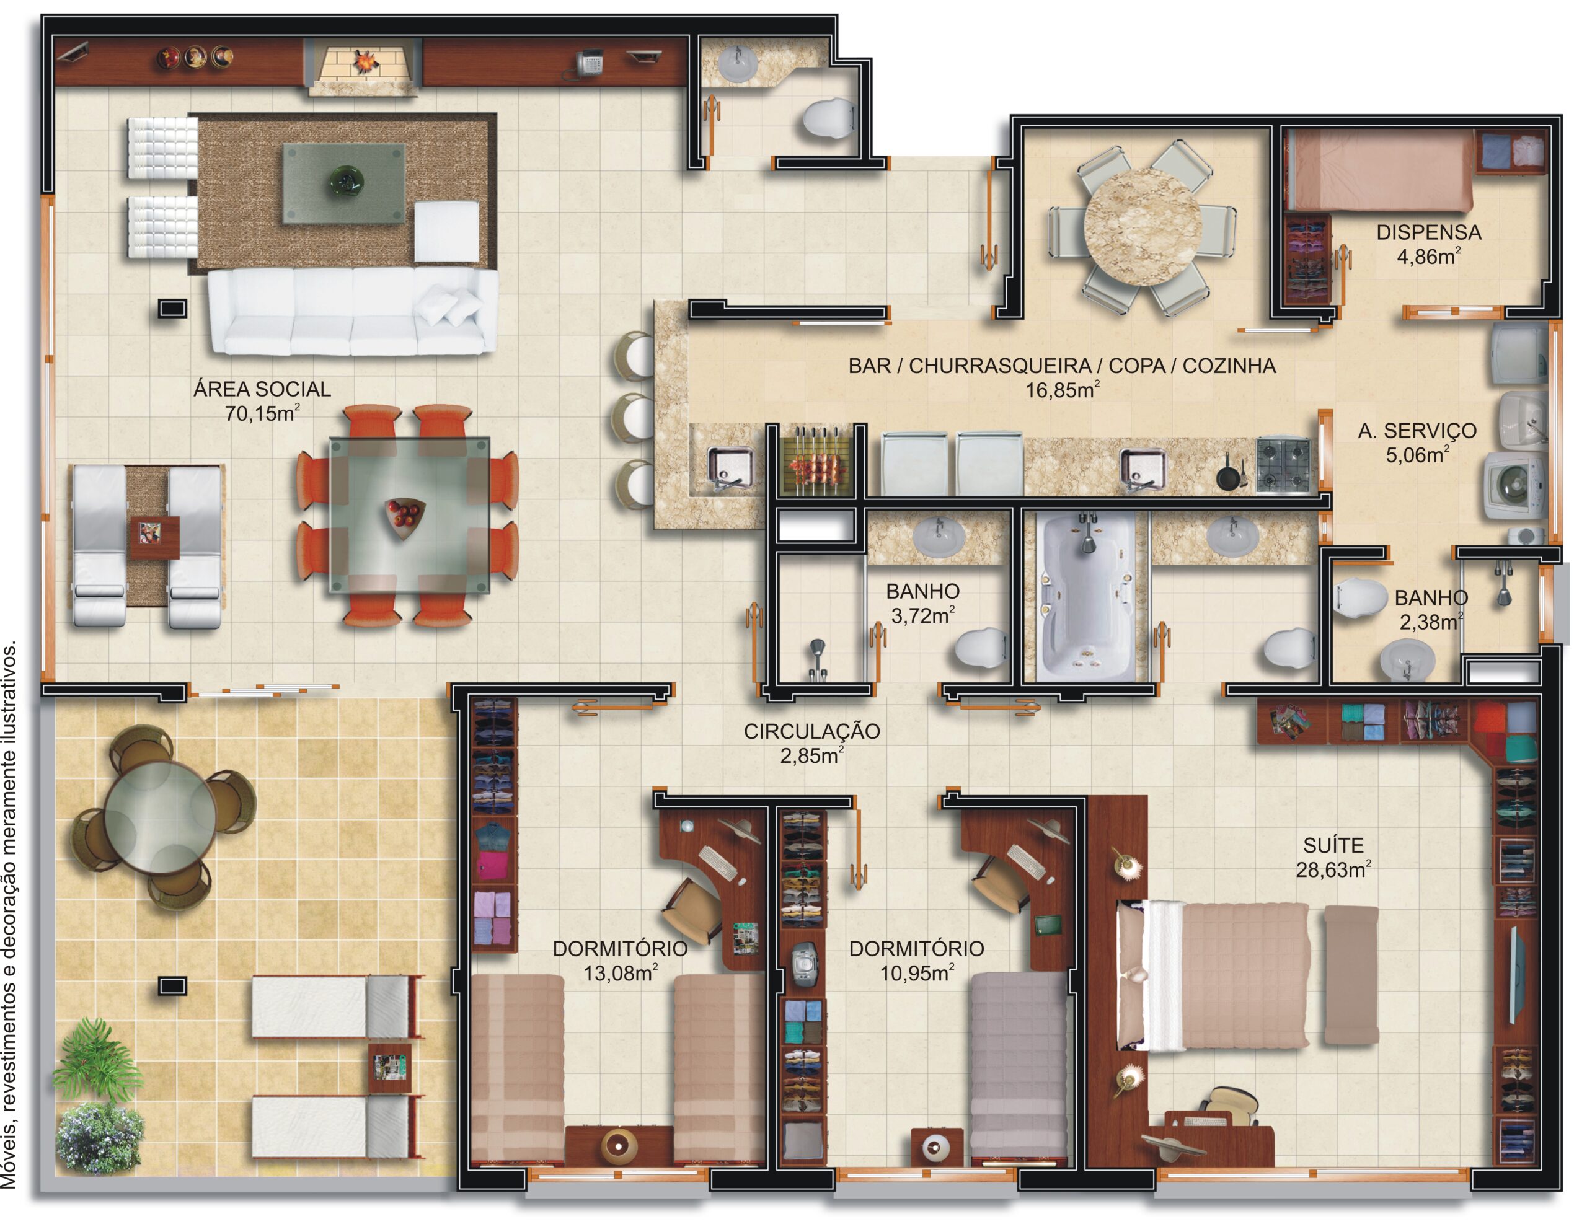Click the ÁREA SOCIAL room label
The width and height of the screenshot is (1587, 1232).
click(x=262, y=389)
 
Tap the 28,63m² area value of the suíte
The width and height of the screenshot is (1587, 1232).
click(x=1333, y=869)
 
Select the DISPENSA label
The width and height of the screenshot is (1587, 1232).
click(x=1428, y=232)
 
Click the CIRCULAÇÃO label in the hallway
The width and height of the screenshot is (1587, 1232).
click(x=811, y=731)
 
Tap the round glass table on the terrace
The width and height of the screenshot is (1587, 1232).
click(x=160, y=818)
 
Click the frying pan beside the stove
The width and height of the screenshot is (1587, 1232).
click(x=1229, y=475)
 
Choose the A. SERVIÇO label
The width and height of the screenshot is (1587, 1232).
click(x=1417, y=431)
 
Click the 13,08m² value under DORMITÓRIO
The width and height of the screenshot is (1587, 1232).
click(x=621, y=973)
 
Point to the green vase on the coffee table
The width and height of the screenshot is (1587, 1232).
click(x=346, y=180)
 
